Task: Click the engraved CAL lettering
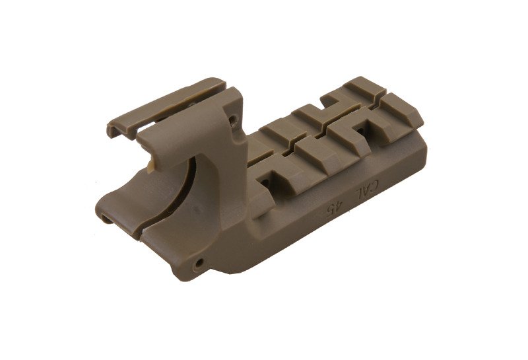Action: [367, 190]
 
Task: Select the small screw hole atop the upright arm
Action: [232, 119]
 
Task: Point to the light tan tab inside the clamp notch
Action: [152, 164]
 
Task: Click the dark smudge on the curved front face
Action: [197, 210]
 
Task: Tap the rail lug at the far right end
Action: [403, 113]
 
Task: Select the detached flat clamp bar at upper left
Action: [165, 108]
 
